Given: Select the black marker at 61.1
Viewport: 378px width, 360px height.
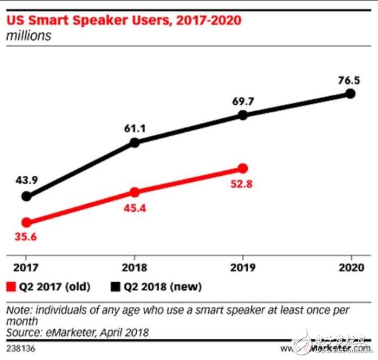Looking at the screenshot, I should (x=134, y=142).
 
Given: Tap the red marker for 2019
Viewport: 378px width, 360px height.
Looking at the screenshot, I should (x=243, y=169).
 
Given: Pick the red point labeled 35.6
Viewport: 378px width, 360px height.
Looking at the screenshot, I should (x=26, y=222).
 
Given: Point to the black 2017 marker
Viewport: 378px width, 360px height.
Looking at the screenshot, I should (x=26, y=197).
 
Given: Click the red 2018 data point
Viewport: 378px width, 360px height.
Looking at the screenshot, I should (x=134, y=192).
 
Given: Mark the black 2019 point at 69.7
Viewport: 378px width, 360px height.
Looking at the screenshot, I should (x=243, y=116).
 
